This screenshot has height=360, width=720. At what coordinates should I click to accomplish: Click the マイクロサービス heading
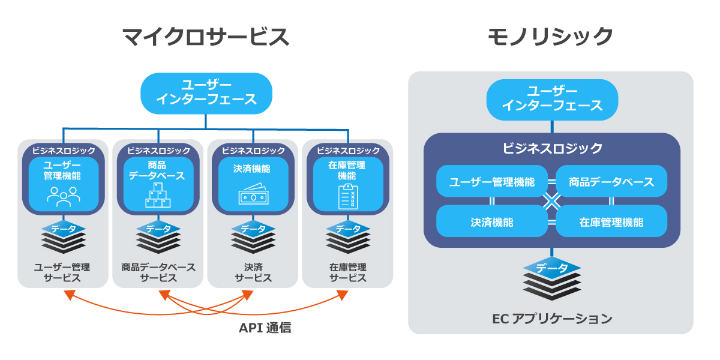coord(206,37)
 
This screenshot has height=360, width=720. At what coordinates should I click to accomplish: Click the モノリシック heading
coord(550,37)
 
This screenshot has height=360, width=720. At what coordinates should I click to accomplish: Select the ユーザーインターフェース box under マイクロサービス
coord(206,93)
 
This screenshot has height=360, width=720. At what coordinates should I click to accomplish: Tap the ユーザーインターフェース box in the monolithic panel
coord(551,99)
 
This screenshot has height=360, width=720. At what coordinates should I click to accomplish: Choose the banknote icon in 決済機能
coord(253,196)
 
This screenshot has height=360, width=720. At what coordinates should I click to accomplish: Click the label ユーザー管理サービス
coord(64,272)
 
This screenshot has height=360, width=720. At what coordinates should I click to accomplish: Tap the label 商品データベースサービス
coord(158,272)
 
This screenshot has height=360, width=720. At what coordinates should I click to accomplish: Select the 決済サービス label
coord(253,272)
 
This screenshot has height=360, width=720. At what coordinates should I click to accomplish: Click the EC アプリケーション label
coord(551,319)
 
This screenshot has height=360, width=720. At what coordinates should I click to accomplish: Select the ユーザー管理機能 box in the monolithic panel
coord(491,181)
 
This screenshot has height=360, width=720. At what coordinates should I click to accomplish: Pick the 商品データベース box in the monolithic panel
coord(611,181)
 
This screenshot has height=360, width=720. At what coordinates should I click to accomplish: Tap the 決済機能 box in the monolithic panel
coord(491,221)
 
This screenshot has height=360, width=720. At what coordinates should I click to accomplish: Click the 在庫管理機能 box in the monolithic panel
coord(611,221)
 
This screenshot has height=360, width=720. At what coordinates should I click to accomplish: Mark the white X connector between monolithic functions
coord(551,202)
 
